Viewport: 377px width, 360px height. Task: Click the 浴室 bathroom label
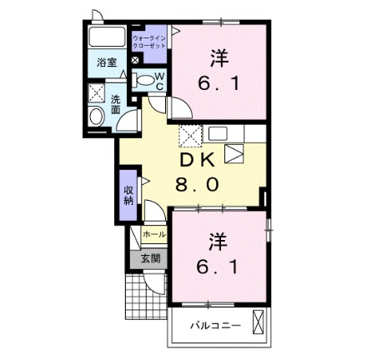tap(105, 62)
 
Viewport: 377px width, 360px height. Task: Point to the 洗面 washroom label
tap(116, 105)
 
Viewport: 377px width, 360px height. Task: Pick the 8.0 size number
tap(199, 185)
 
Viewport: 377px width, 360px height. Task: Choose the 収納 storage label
tap(129, 196)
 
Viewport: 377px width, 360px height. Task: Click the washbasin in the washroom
tap(96, 117)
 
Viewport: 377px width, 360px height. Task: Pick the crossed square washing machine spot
tap(97, 93)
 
